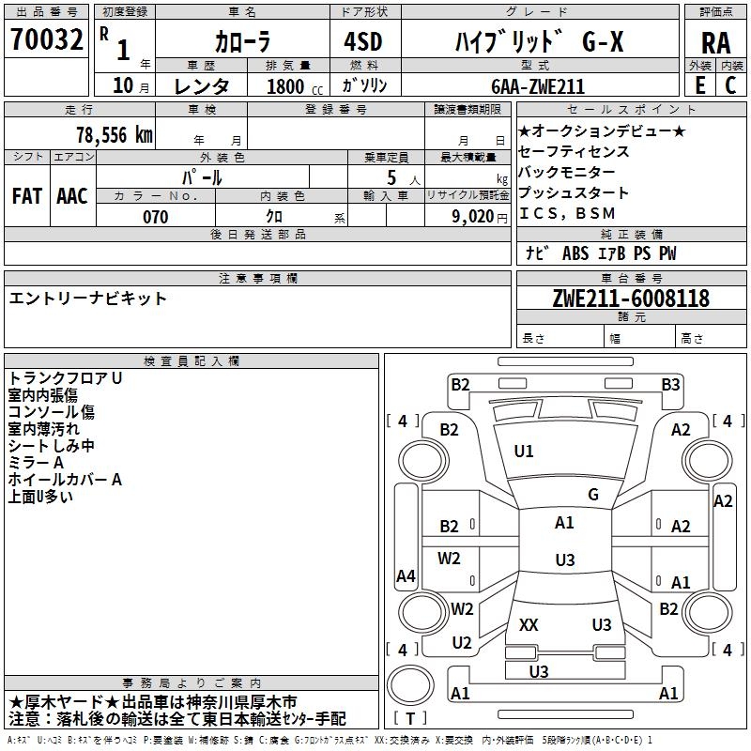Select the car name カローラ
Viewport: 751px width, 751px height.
pyautogui.click(x=241, y=42)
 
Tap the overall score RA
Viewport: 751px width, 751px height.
pyautogui.click(x=715, y=42)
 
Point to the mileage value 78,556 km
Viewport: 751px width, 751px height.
pyautogui.click(x=113, y=134)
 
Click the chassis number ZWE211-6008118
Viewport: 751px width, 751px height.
pyautogui.click(x=631, y=299)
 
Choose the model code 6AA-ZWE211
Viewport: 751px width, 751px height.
pyautogui.click(x=538, y=86)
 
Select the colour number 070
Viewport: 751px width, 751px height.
pyautogui.click(x=155, y=217)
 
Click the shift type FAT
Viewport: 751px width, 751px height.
pyautogui.click(x=26, y=196)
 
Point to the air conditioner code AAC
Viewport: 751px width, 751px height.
pyautogui.click(x=72, y=196)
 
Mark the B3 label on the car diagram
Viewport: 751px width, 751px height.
pyautogui.click(x=670, y=384)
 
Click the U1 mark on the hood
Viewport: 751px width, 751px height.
pyautogui.click(x=524, y=452)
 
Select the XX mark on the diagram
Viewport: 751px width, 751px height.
pyautogui.click(x=529, y=625)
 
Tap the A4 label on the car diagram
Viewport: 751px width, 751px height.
pyautogui.click(x=406, y=576)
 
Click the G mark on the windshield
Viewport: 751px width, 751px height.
pyautogui.click(x=593, y=495)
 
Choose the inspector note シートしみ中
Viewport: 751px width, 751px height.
pyautogui.click(x=52, y=446)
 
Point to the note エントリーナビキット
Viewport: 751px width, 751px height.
pyautogui.click(x=88, y=299)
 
